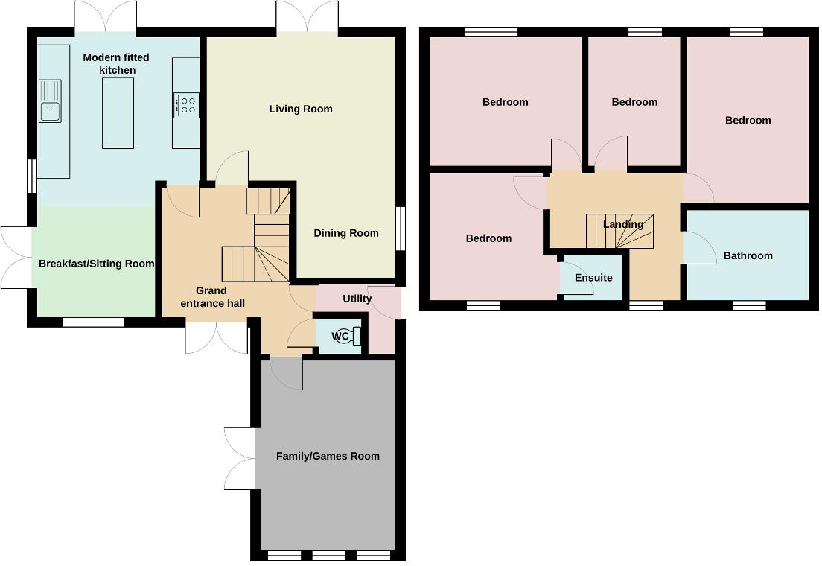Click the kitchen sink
pyautogui.click(x=51, y=101)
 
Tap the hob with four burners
pyautogui.click(x=186, y=105)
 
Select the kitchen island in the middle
pyautogui.click(x=118, y=112)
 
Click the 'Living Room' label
pyautogui.click(x=301, y=109)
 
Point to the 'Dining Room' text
pyautogui.click(x=345, y=233)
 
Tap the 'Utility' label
pyautogui.click(x=357, y=299)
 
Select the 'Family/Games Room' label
pyautogui.click(x=328, y=456)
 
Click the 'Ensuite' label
pyautogui.click(x=593, y=278)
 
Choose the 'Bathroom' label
pyautogui.click(x=748, y=255)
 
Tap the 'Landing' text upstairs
pyautogui.click(x=623, y=224)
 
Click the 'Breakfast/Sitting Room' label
pyautogui.click(x=96, y=264)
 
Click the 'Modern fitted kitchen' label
pyautogui.click(x=116, y=63)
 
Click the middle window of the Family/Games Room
pyautogui.click(x=328, y=555)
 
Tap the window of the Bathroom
pyautogui.click(x=748, y=305)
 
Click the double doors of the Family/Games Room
pyautogui.click(x=240, y=459)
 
